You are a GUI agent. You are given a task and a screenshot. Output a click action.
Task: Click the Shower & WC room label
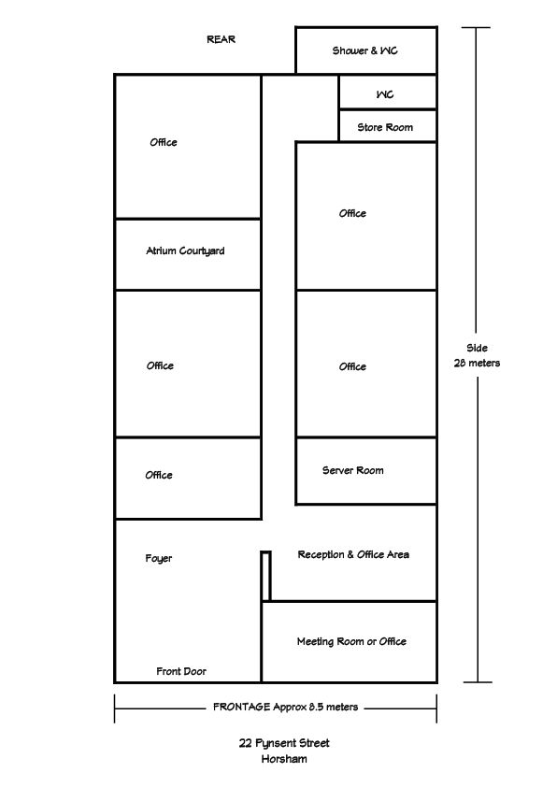[364, 50]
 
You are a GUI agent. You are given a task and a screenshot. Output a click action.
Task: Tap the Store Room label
[385, 127]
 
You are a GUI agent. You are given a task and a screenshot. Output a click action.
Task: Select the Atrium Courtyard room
[188, 254]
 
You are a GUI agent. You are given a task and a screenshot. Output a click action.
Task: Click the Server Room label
[352, 470]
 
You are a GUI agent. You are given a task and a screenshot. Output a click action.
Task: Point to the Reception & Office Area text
[353, 554]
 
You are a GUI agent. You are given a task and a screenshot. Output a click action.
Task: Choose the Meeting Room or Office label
[351, 641]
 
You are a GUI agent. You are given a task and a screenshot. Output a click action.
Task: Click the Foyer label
[159, 559]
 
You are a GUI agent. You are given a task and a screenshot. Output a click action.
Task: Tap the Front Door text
[181, 671]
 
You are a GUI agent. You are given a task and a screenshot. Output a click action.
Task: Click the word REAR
[221, 39]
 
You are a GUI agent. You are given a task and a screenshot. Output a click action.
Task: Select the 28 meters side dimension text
[477, 363]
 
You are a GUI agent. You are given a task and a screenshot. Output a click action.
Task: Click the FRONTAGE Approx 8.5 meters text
[286, 708]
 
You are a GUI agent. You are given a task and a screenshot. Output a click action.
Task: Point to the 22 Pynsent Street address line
[284, 743]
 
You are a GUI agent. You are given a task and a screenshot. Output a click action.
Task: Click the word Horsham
[284, 759]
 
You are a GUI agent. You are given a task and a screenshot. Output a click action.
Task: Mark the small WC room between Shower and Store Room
[388, 93]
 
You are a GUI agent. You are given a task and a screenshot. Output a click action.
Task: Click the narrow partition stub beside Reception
[266, 576]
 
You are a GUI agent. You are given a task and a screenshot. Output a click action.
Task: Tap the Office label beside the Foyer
[159, 475]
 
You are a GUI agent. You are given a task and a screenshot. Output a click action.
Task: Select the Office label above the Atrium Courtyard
[164, 143]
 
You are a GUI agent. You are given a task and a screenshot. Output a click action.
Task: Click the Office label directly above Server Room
[352, 367]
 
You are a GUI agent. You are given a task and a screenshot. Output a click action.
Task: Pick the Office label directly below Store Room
[352, 213]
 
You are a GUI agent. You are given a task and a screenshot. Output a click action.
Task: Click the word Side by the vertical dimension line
[477, 348]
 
